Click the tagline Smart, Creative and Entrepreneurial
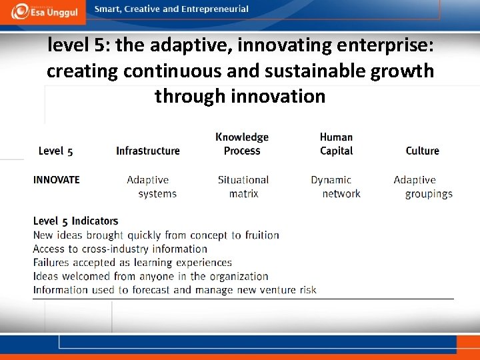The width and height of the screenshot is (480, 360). point(171,9)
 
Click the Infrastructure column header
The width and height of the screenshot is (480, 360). point(147,151)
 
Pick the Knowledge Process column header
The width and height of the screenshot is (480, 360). point(242,144)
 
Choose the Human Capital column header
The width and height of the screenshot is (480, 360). point(336,144)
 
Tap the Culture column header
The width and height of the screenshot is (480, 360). point(422,151)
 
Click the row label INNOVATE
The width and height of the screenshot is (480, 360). point(57,179)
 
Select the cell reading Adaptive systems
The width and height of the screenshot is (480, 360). point(151,187)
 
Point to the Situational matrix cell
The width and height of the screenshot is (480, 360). point(243,187)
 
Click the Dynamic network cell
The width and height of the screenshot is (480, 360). point(335,187)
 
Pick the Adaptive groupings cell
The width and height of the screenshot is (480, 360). point(423,187)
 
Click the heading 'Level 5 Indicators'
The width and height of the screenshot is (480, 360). point(75,221)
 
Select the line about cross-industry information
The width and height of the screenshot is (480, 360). point(120,249)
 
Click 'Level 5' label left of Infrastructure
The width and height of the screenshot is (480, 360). point(55,151)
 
